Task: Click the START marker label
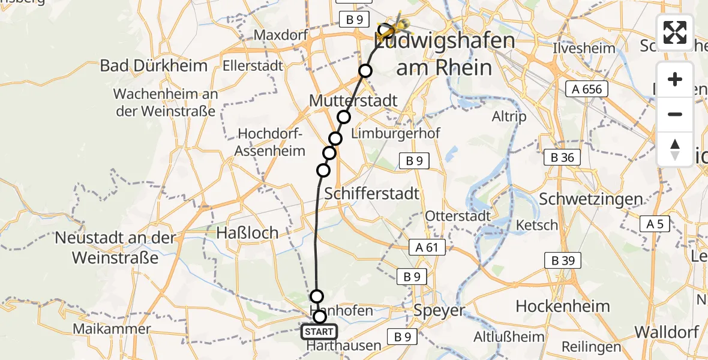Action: point(319,332)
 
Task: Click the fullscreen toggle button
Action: point(675,32)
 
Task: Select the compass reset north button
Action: point(675,149)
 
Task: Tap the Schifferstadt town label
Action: point(371,194)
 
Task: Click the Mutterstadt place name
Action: point(353,100)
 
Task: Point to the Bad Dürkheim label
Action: point(154,65)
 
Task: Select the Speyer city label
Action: point(439,311)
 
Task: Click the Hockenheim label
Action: point(563,306)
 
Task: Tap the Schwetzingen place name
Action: point(591,199)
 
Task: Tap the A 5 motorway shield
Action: point(655,224)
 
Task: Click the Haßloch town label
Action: point(247,233)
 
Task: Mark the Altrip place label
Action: point(509,116)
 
